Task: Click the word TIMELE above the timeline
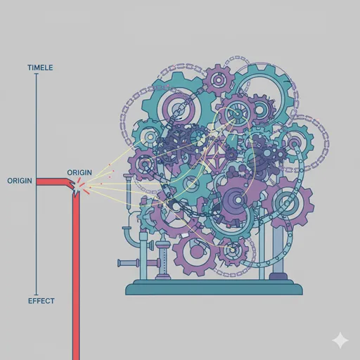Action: tap(40, 67)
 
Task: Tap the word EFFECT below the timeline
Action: tap(41, 301)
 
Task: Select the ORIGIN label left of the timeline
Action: tap(20, 181)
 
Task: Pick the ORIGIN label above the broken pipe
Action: tap(79, 173)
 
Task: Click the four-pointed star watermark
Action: tap(340, 340)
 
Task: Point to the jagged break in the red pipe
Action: tap(75, 188)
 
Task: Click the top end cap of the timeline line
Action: tap(37, 74)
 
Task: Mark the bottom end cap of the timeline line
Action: tap(37, 295)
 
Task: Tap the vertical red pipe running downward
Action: tap(76, 276)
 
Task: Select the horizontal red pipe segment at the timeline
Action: tap(53, 181)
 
